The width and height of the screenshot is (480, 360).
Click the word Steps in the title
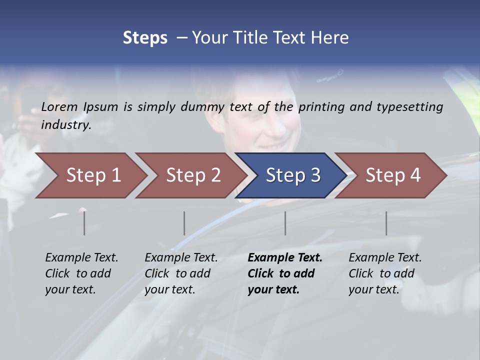(145, 38)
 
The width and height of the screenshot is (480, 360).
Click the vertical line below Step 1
(84, 223)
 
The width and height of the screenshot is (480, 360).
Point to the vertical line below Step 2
(184, 223)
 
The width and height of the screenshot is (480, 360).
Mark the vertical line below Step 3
(285, 223)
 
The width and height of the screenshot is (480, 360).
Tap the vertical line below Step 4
(386, 223)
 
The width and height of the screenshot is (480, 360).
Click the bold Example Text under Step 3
(285, 257)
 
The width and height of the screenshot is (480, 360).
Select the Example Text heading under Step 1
(81, 257)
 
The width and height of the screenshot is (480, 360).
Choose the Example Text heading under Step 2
(181, 257)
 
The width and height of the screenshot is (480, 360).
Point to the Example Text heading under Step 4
(385, 257)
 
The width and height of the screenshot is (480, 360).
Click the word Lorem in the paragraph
(59, 106)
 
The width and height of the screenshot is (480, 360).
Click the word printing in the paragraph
(321, 107)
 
